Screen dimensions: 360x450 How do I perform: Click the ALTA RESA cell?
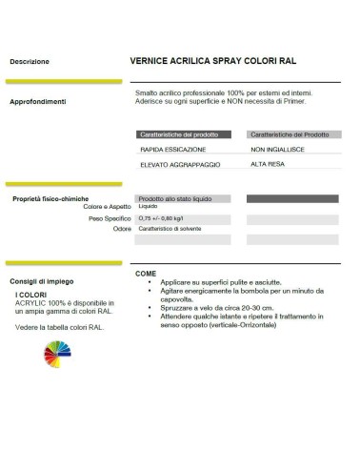[x=268, y=167]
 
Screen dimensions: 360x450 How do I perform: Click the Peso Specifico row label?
[x=110, y=218]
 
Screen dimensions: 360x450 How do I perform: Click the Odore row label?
[x=121, y=230]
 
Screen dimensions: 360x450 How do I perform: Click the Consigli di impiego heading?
[x=43, y=281]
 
